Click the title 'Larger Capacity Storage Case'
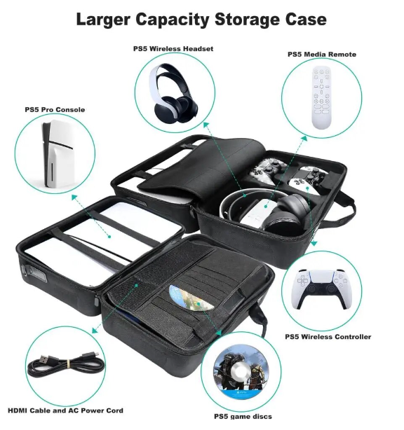pos(201,20)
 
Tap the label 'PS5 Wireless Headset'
pos(173,49)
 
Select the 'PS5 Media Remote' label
pos(322,55)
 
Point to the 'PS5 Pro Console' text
pos(55,110)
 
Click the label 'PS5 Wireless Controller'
pos(328,337)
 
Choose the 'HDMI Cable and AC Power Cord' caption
pos(66,410)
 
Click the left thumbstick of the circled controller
pos(311,289)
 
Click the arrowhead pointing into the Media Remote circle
pos(304,138)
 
